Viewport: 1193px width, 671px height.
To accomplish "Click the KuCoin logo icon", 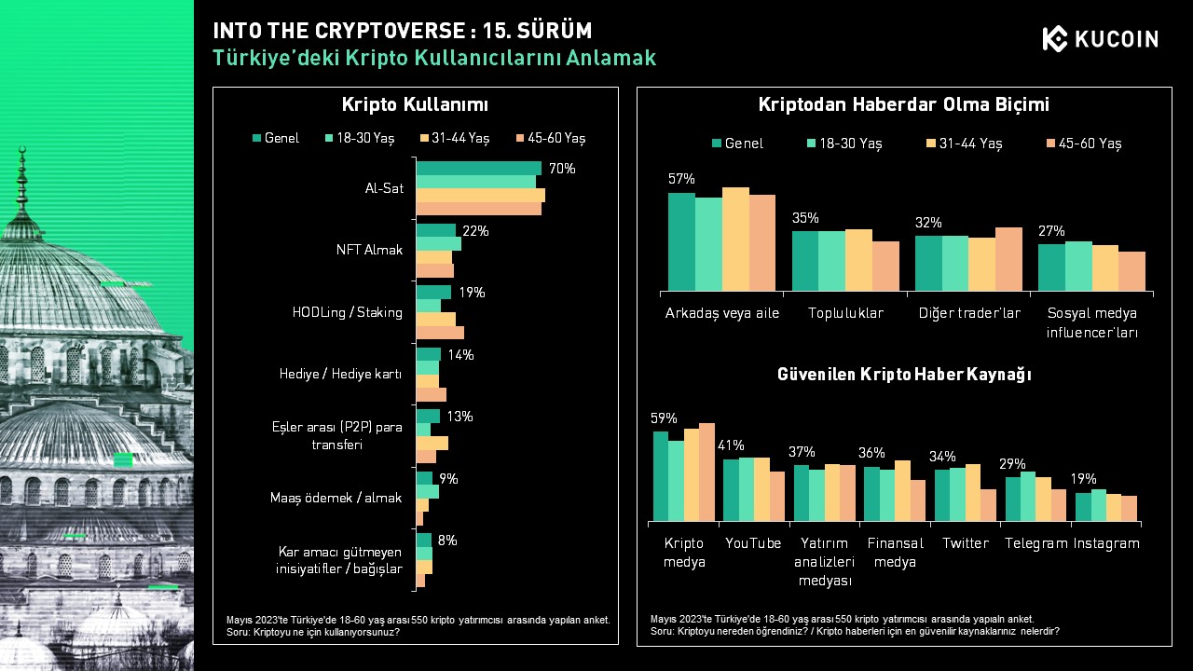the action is (1054, 38).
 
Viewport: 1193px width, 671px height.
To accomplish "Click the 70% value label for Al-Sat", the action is (562, 169).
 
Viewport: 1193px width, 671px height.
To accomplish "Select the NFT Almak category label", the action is (369, 250).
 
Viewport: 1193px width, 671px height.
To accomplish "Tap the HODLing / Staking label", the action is (348, 312).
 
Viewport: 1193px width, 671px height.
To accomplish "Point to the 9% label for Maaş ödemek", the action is (448, 479).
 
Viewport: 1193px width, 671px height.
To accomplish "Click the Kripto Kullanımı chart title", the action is (415, 104).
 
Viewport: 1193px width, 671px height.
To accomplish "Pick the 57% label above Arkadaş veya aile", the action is (681, 179).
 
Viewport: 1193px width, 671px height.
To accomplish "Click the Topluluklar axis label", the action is (845, 313).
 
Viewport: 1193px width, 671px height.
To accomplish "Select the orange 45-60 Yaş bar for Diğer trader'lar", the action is (1008, 259).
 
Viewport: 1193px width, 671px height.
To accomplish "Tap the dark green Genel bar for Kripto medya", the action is (661, 476).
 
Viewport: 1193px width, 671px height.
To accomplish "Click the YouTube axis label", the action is (753, 543).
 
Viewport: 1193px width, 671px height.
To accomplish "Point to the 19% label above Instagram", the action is (1083, 479).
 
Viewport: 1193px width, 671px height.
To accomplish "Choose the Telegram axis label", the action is (1035, 543).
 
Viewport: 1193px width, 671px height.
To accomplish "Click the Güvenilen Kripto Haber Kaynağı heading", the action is (904, 375).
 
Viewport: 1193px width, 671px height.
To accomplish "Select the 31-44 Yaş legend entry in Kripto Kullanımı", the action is (455, 139).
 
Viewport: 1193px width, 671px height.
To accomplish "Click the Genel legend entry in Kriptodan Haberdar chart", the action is (737, 144).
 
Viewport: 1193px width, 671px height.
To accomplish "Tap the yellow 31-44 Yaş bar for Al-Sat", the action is (480, 196).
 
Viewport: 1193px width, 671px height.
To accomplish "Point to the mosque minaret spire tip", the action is (22, 147).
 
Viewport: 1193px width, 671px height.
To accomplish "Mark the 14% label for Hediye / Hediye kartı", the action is (460, 355).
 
